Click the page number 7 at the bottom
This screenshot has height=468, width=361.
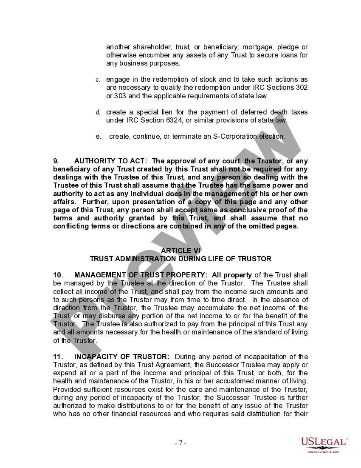click(180, 442)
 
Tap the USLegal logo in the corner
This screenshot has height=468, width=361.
click(324, 445)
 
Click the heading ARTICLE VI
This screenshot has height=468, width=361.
click(180, 251)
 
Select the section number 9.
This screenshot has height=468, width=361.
click(56, 161)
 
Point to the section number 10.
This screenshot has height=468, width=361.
click(57, 275)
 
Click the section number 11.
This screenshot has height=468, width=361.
click(57, 357)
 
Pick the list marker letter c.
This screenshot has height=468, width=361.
click(97, 80)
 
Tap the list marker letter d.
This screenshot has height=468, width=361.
click(97, 112)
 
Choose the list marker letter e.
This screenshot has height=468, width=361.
click(98, 137)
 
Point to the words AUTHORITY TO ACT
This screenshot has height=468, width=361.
click(110, 161)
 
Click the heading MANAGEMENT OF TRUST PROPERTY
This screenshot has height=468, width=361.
click(141, 275)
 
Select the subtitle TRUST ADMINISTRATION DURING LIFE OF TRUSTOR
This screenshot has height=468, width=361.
click(180, 259)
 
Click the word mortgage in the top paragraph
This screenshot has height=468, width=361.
click(252, 47)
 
